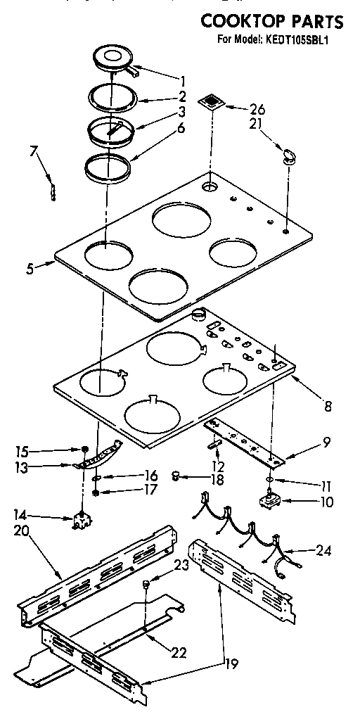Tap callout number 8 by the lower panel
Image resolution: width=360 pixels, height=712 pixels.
[x=328, y=406]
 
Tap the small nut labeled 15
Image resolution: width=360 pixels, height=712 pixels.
[x=85, y=450]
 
